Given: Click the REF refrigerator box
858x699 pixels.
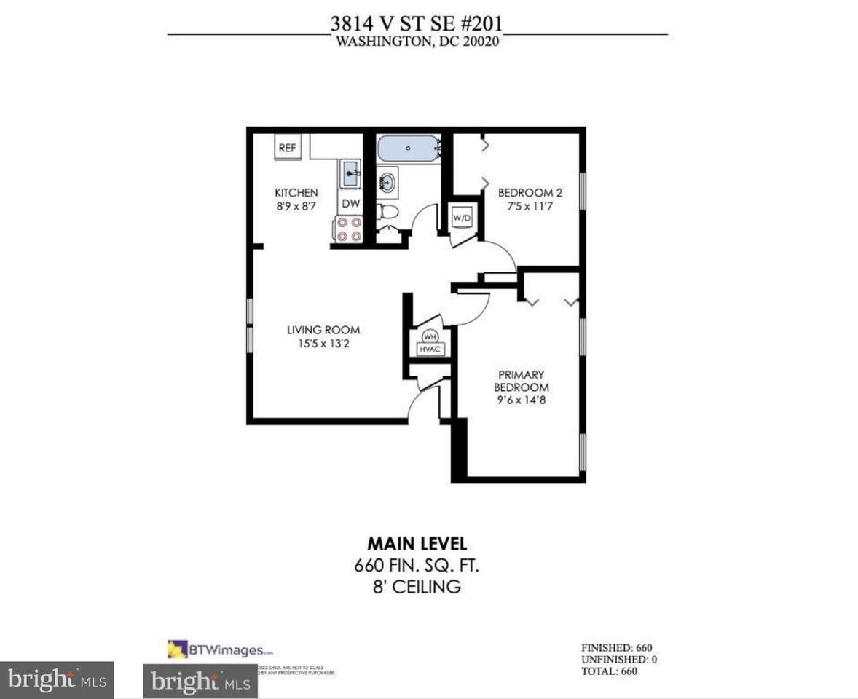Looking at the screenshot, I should coord(287,148).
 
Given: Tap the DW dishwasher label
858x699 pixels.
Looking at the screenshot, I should coord(350,203).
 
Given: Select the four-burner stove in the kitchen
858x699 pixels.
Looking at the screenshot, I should coord(348,229).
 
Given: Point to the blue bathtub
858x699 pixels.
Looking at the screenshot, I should coord(408,149).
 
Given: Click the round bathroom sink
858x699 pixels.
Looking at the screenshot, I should coord(387,181).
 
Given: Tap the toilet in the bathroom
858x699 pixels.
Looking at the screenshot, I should coord(389,212).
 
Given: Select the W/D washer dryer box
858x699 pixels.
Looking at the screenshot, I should coord(460,217).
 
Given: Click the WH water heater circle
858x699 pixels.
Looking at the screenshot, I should coord(430,337).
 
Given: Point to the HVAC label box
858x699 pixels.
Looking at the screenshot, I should coord(430,349).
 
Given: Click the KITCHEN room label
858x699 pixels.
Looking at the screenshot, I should coord(296,192).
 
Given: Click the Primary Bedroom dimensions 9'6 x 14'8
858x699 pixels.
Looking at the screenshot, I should coord(522,400).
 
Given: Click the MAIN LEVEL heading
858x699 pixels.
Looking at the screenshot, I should coord(417,543).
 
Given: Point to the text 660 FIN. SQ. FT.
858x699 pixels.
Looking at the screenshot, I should coord(417,564).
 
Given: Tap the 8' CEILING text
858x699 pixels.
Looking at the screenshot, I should coord(417,586).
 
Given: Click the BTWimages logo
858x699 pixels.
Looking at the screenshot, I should coord(221,649).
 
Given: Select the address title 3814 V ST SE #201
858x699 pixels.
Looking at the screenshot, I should coord(416,23).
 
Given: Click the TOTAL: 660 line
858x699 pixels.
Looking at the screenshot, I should coord(609,671).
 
